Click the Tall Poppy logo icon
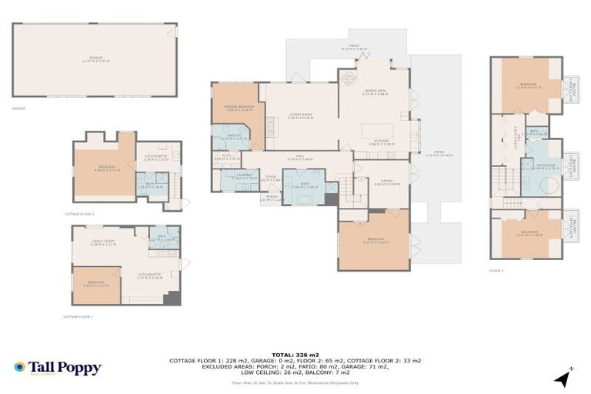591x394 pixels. (x=20, y=368)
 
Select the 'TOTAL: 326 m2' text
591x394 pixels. (x=295, y=354)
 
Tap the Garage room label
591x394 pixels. (x=95, y=58)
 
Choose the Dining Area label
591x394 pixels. (x=375, y=92)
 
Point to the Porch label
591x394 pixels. (x=271, y=197)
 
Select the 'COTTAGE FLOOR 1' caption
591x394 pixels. (x=78, y=316)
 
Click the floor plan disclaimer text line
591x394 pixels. (x=295, y=382)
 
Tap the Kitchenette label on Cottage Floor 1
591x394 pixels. (x=149, y=276)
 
